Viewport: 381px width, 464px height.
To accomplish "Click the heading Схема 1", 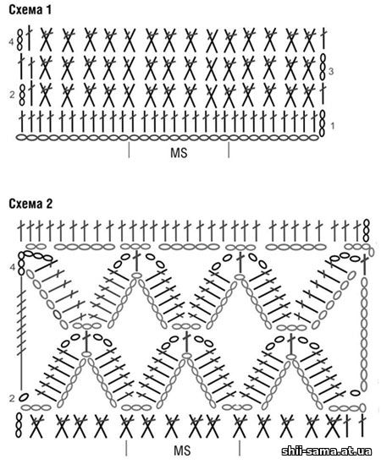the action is point(30,10).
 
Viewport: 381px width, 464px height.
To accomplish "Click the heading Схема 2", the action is point(30,204).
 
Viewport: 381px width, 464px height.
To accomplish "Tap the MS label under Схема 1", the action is point(179,153).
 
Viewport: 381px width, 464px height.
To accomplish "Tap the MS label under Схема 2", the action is point(182,450).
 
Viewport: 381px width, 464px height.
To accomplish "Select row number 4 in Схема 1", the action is point(11,42).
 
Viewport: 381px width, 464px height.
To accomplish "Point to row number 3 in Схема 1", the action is point(331,71).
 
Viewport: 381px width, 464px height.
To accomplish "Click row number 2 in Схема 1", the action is point(12,95).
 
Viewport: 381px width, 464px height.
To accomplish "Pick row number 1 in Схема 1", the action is point(332,126).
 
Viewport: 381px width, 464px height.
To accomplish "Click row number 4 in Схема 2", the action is point(12,268).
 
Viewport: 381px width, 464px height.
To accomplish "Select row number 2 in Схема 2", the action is point(12,398).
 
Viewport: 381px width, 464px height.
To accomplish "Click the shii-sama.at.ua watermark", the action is point(327,451).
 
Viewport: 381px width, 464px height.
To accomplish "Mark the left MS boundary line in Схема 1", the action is point(129,150).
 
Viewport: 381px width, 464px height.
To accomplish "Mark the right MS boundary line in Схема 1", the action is point(229,150).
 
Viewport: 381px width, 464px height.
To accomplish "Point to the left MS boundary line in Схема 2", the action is point(127,448).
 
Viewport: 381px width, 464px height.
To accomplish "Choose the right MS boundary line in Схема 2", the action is point(240,448).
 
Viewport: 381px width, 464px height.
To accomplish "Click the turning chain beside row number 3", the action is point(323,67).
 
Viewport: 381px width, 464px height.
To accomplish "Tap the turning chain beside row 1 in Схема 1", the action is point(323,123).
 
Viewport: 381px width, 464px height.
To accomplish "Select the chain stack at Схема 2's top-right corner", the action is point(367,231).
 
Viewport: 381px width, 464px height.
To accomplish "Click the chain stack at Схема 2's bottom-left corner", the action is point(19,425).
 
